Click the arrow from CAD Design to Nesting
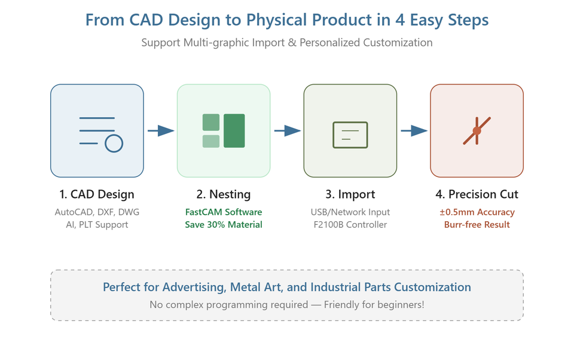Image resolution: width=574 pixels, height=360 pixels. [161, 131]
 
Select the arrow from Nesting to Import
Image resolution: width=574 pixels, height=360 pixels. [288, 131]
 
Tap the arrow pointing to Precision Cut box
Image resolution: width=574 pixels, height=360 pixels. [414, 131]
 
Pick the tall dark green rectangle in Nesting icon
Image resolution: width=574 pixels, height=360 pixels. [234, 131]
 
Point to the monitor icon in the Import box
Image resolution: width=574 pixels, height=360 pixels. [350, 135]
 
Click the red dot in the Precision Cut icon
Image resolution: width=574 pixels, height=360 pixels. [477, 131]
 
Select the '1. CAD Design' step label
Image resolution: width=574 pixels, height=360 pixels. [97, 194]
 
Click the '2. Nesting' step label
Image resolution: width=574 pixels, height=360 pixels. [224, 194]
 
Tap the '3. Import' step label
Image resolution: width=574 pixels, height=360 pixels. [350, 194]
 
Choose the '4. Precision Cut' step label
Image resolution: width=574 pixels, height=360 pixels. [477, 194]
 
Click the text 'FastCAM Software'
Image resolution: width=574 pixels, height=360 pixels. [224, 212]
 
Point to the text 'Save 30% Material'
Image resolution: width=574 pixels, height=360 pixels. [224, 224]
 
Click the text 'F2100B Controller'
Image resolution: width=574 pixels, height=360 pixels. [350, 224]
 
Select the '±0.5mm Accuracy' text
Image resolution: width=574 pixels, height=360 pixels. [477, 212]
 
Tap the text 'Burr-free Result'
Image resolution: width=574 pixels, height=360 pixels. [477, 224]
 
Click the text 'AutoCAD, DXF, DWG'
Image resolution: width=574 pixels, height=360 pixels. [97, 212]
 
